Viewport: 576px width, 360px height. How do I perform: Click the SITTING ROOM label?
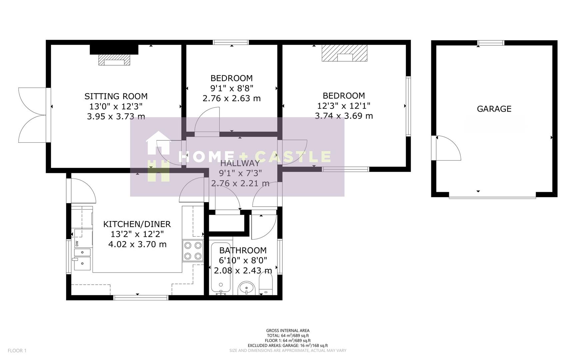[116, 96]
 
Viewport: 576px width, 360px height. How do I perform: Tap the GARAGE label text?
[494, 109]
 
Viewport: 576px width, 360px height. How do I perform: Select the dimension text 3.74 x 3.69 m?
[344, 116]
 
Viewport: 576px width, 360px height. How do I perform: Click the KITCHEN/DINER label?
[137, 224]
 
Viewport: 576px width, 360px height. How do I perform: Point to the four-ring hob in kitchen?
[193, 251]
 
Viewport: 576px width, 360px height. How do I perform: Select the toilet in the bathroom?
[266, 285]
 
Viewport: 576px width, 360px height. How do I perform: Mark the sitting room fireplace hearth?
[114, 60]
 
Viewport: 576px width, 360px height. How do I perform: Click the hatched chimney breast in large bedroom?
[344, 53]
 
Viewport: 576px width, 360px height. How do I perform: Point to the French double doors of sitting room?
[33, 115]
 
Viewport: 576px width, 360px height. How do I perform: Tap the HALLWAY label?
[240, 163]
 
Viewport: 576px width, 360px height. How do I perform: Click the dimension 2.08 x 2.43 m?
[243, 270]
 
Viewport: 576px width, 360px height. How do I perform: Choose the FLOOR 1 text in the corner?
[17, 350]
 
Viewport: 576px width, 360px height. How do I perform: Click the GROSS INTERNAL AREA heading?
[288, 331]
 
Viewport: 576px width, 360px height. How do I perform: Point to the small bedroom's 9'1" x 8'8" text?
[232, 88]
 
